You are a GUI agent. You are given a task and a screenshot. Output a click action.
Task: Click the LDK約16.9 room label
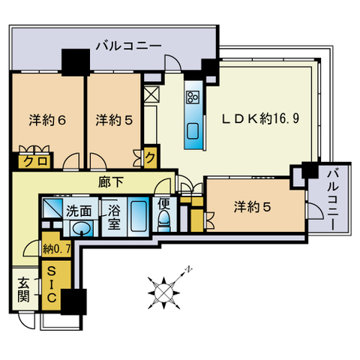pos(261,118)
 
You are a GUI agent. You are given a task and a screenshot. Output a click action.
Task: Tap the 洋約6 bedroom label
pos(47,120)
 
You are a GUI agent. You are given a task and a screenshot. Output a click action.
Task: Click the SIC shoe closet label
pos(51,284)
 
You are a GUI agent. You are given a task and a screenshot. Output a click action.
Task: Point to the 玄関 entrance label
pos(24,289)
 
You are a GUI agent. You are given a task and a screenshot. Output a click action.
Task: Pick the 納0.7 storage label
pos(56,249)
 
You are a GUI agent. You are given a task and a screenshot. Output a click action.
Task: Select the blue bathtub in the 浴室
pos(139,216)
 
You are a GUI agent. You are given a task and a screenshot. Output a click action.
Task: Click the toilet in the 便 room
pos(164,221)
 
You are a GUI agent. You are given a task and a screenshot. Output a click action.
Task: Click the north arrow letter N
pos(189,269)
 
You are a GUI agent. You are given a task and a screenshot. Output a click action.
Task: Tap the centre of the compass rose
pos(163,293)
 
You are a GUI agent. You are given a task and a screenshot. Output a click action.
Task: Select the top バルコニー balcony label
pos(129,46)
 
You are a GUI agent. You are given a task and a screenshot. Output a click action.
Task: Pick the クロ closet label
pos(35,161)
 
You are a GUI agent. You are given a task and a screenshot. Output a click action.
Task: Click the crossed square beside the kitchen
pos(151,94)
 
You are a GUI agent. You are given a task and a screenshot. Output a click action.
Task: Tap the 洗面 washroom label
pos(79,211)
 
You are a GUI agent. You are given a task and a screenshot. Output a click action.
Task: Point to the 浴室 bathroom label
pos(114,217)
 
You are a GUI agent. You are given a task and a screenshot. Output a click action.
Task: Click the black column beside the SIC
pos(73,301)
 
